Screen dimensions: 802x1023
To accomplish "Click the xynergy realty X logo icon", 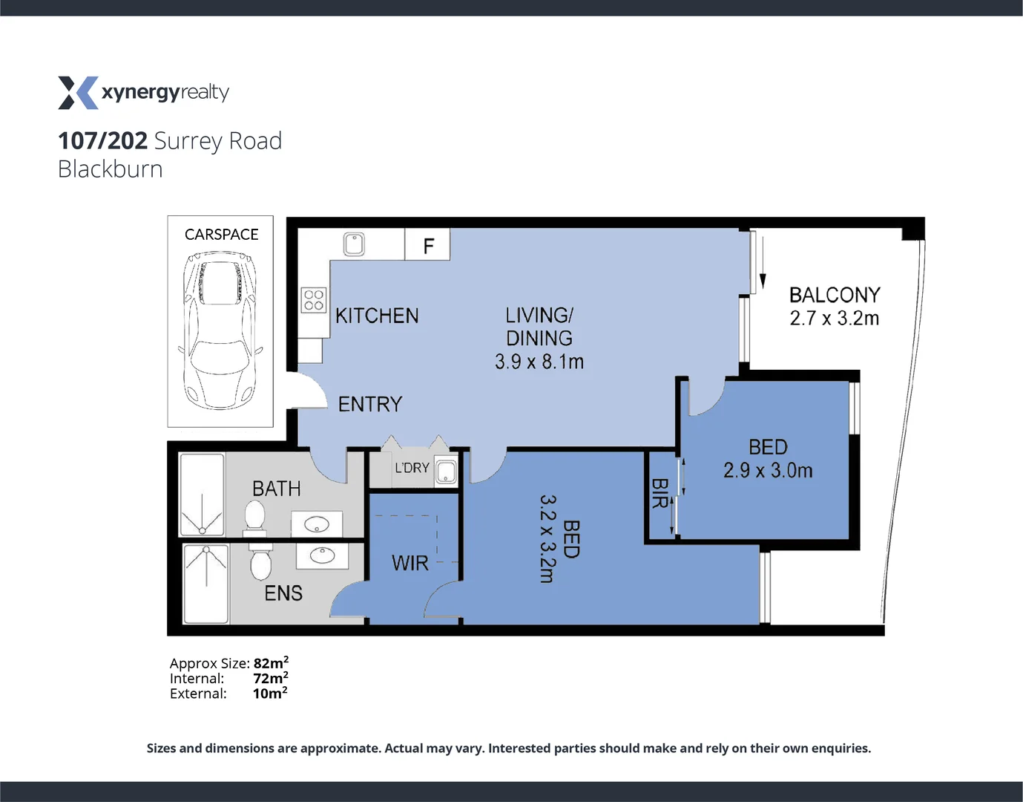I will [78, 93].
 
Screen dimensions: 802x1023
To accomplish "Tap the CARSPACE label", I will [221, 235].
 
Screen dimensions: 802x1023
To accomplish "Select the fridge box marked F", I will [428, 246].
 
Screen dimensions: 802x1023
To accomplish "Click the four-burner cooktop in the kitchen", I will [314, 300].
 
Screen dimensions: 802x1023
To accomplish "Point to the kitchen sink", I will [354, 244].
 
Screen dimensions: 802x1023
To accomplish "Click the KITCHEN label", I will [377, 316].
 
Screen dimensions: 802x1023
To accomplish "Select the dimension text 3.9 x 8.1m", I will [539, 362].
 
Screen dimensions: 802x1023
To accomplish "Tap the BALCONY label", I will [835, 295].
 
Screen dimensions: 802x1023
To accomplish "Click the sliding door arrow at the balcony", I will [762, 267].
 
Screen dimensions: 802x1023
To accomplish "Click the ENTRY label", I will [370, 404].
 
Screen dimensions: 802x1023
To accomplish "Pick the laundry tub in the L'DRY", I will [446, 472].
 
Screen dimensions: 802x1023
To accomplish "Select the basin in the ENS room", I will [322, 555].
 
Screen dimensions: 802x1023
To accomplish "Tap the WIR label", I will [410, 564].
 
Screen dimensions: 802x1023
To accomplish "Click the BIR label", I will [659, 494].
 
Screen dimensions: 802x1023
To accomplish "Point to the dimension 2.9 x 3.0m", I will [768, 471].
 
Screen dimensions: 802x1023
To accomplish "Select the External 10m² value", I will [269, 694].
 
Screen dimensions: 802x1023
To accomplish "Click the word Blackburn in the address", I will [111, 169].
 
